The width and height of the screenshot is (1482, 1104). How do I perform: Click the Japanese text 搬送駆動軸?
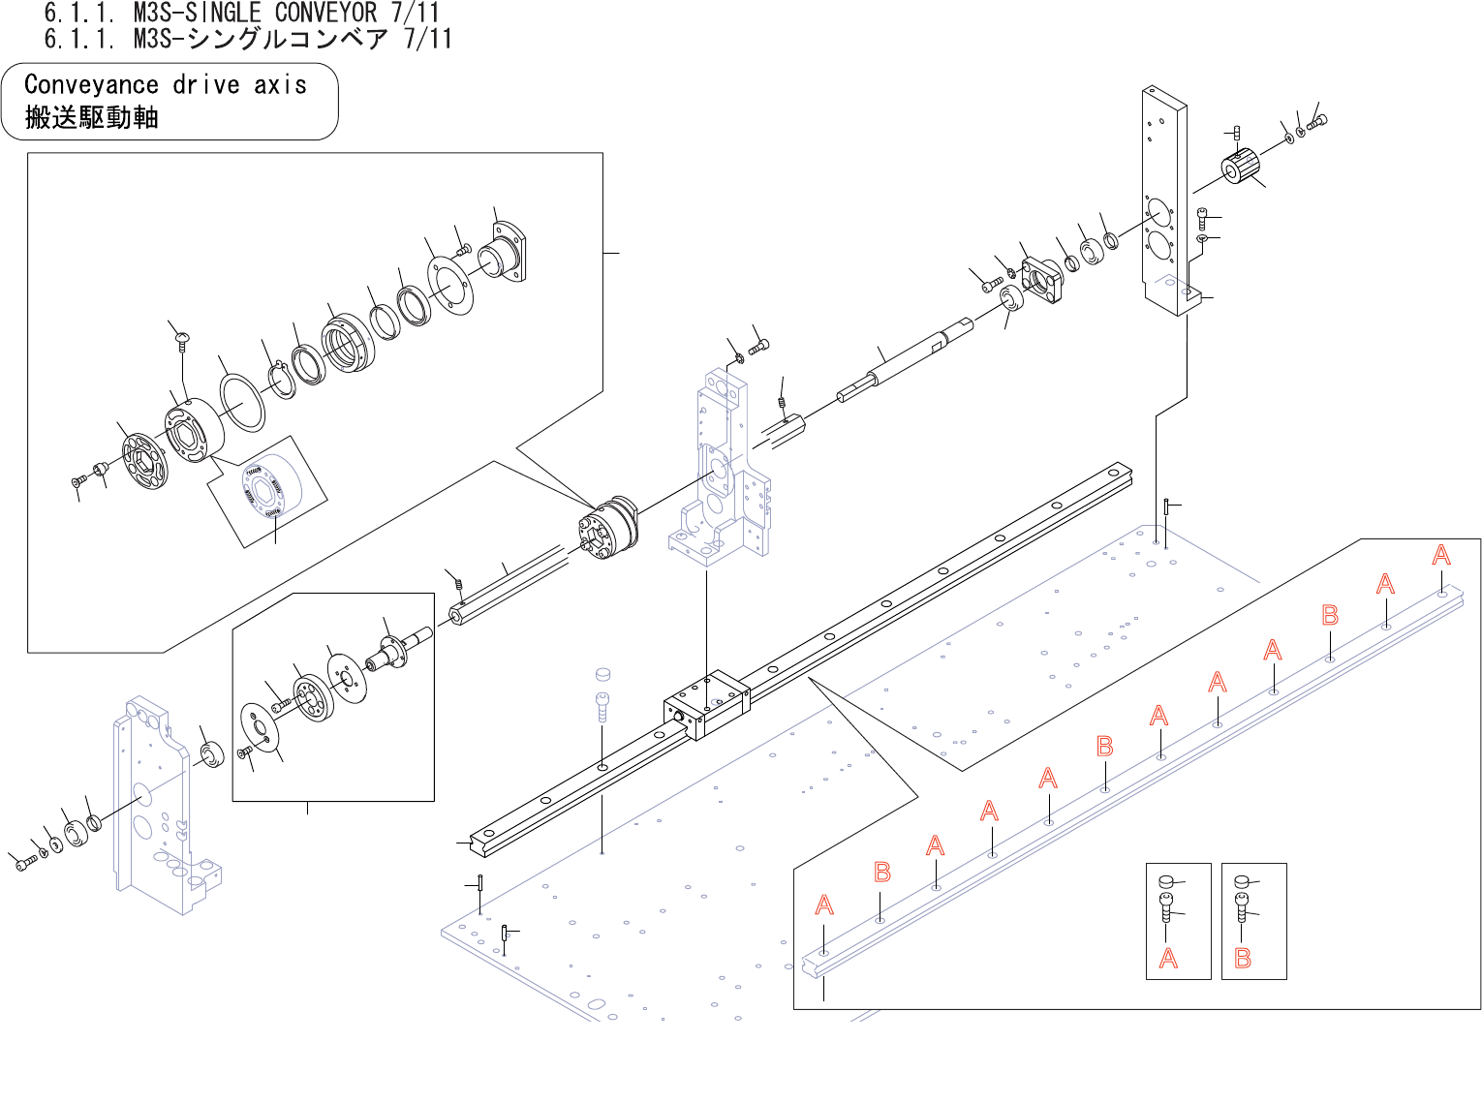(91, 118)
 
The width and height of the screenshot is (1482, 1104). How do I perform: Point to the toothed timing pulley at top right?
(1240, 167)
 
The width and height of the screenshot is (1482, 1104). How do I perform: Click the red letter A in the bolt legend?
(1168, 959)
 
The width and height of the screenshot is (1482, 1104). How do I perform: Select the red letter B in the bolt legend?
(1243, 959)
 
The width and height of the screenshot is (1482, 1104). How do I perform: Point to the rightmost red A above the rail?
(1441, 555)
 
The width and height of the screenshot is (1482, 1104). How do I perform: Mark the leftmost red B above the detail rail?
(882, 873)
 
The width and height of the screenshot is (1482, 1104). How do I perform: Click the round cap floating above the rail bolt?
(602, 673)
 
